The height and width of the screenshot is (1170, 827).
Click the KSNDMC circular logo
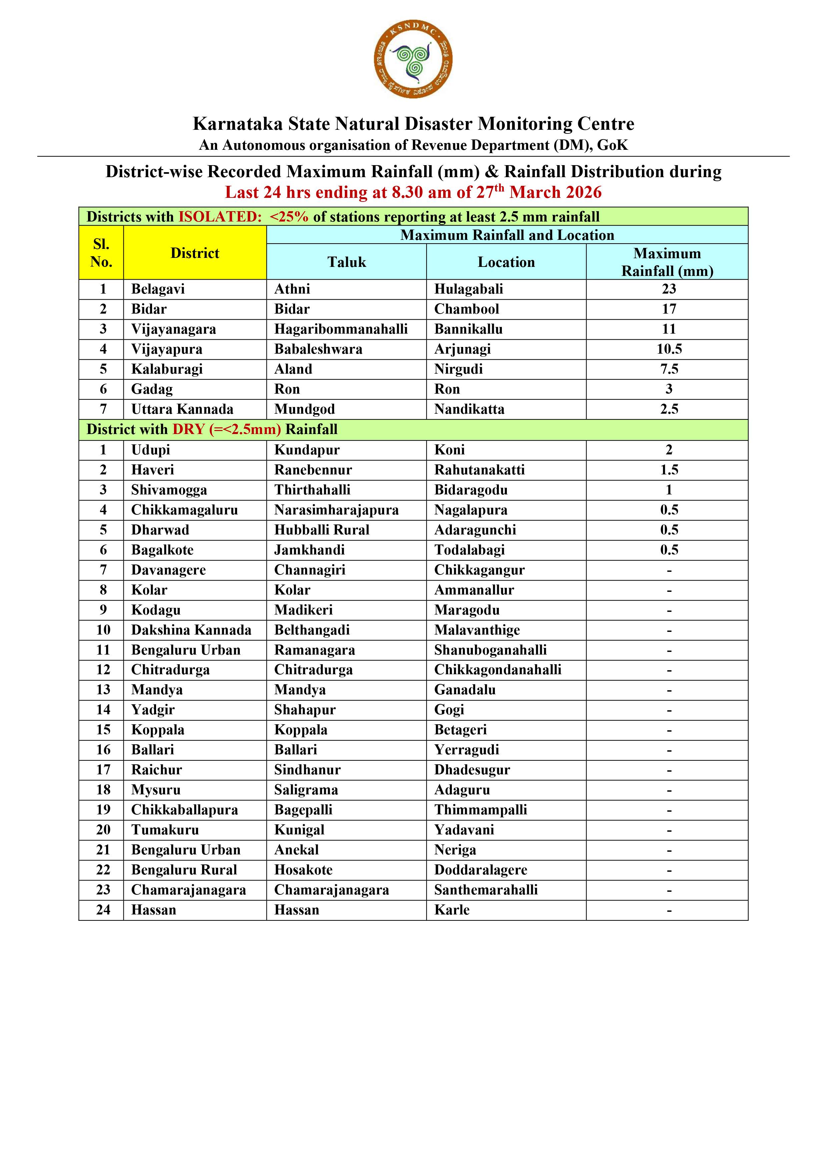(x=413, y=60)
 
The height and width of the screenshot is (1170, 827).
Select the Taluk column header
(x=346, y=262)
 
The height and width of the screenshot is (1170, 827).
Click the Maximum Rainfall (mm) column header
(x=667, y=262)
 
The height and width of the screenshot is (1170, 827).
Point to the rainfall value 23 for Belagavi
(x=669, y=289)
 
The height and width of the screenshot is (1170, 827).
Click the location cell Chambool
(x=467, y=309)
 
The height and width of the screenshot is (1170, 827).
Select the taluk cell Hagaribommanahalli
(x=341, y=329)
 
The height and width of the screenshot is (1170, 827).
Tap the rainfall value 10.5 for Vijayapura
(x=669, y=349)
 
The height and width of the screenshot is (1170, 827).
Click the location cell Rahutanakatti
(x=479, y=470)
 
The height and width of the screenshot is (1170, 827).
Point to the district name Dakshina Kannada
(x=191, y=630)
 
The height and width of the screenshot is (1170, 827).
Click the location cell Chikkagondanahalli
(x=498, y=670)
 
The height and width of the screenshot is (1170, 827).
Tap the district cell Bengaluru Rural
(x=184, y=870)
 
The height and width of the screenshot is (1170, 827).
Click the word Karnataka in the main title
(x=237, y=124)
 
